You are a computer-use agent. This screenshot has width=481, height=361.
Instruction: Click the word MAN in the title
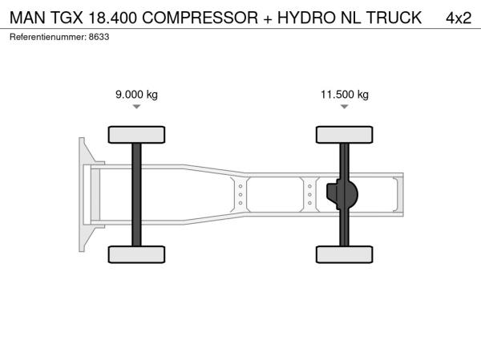[x=27, y=18]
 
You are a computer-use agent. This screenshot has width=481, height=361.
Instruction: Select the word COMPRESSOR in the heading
[x=200, y=18]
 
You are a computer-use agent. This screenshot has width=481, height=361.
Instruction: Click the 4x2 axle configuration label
[x=459, y=18]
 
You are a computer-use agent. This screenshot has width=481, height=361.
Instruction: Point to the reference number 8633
[x=99, y=37]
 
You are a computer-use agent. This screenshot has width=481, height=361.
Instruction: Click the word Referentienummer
[x=48, y=37]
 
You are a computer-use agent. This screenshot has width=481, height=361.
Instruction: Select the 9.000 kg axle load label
[x=136, y=94]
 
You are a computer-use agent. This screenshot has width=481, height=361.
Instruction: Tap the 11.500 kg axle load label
[x=345, y=94]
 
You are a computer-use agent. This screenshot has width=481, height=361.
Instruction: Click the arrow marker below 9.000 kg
[x=136, y=107]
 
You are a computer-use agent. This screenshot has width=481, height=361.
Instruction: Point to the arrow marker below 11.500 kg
[x=345, y=107]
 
